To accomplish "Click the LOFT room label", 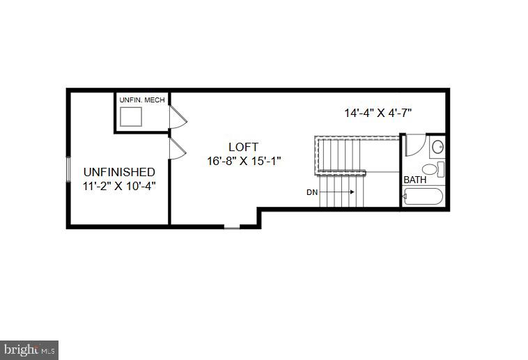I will pyautogui.click(x=243, y=147).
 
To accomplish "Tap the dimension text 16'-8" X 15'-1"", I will pyautogui.click(x=243, y=161).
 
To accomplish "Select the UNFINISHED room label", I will pyautogui.click(x=119, y=171).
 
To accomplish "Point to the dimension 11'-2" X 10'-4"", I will pyautogui.click(x=119, y=185).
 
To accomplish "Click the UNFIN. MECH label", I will pyautogui.click(x=142, y=100).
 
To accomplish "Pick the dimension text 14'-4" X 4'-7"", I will pyautogui.click(x=378, y=112).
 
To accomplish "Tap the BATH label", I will pyautogui.click(x=415, y=180).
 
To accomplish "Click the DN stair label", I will pyautogui.click(x=312, y=191).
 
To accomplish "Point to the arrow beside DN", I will pyautogui.click(x=339, y=191).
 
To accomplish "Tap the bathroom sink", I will pyautogui.click(x=437, y=146).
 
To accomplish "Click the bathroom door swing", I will pyautogui.click(x=413, y=144).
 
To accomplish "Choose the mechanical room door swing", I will pyautogui.click(x=178, y=117).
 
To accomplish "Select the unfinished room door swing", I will pyautogui.click(x=177, y=148).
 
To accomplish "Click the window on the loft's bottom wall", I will pyautogui.click(x=231, y=226).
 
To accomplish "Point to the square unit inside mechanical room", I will pyautogui.click(x=131, y=117).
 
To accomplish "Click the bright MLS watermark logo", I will pyautogui.click(x=29, y=349).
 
